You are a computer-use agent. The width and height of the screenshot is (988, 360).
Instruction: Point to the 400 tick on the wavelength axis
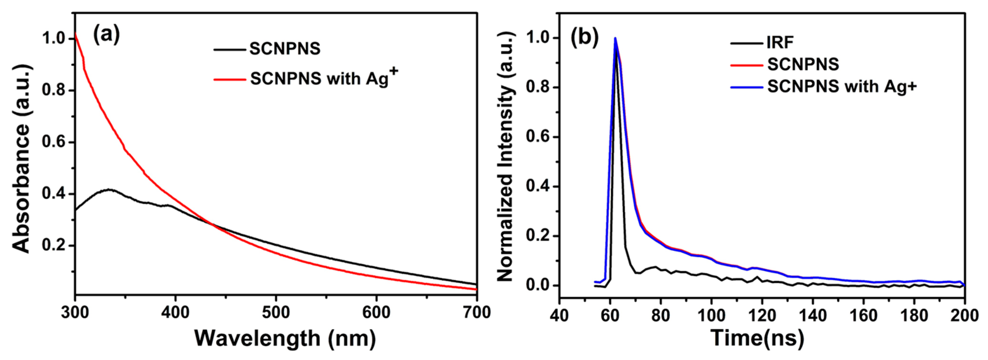pyautogui.click(x=175, y=312)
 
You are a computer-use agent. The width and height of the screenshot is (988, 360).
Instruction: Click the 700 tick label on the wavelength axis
pyautogui.click(x=476, y=312)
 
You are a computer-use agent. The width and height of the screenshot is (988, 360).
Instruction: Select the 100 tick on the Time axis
pyautogui.click(x=712, y=315)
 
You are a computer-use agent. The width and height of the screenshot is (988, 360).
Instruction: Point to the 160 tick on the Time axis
pyautogui.click(x=863, y=315)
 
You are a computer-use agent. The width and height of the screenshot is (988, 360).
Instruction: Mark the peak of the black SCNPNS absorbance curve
pyautogui.click(x=110, y=189)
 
